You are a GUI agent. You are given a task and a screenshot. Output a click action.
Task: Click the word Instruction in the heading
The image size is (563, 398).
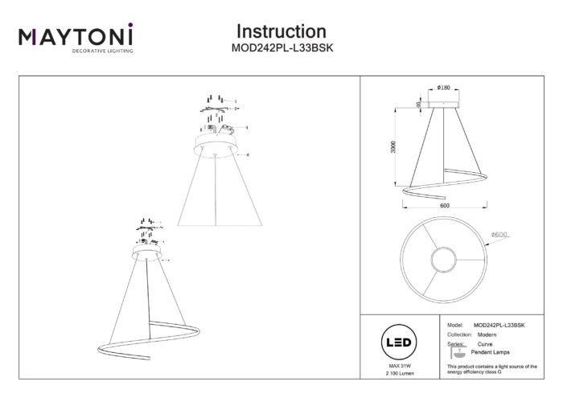pos(281,31)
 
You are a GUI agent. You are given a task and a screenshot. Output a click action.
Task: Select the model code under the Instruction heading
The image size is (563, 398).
pos(281,48)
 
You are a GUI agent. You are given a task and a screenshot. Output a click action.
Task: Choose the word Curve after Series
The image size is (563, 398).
pos(484,343)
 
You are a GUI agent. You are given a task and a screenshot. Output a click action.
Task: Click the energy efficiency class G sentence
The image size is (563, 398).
pos(491,369)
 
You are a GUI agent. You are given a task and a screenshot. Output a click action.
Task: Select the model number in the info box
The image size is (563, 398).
pos(499,324)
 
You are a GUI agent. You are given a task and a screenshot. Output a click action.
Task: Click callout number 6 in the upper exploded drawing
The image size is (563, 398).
pos(249,154)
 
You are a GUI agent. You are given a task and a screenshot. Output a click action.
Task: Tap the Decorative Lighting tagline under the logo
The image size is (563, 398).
pos(76,50)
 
